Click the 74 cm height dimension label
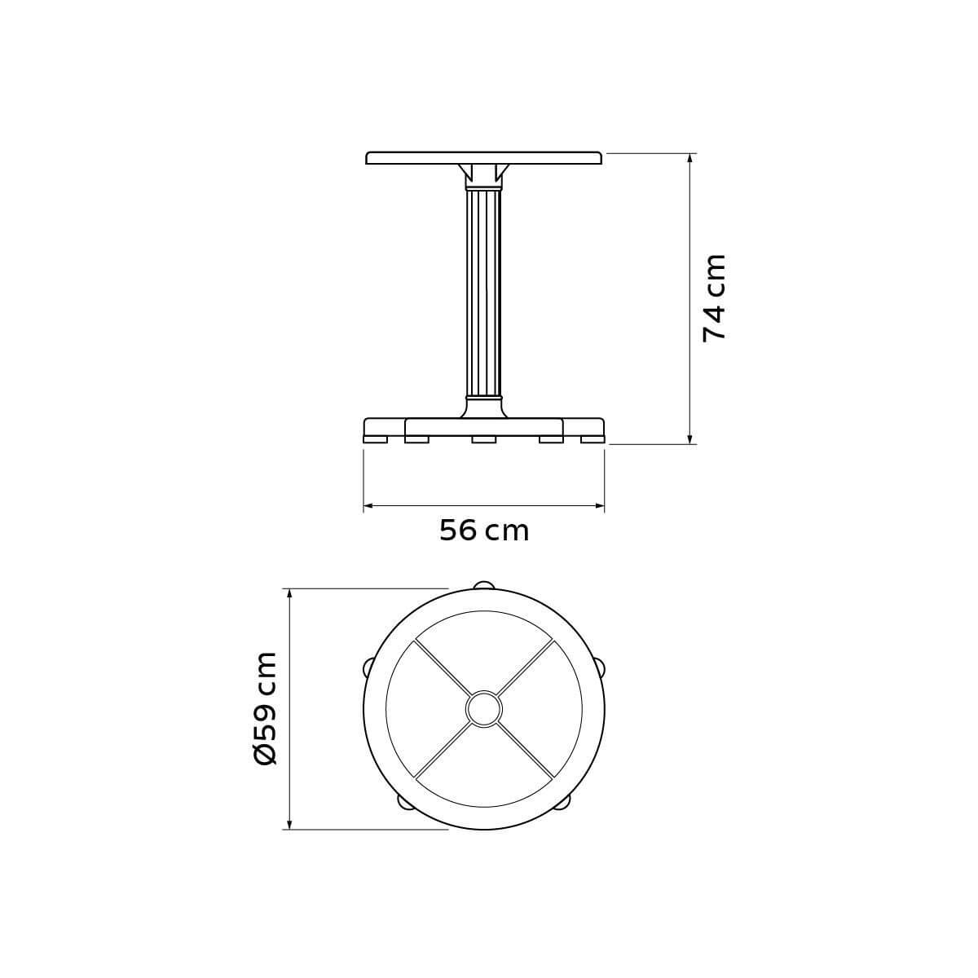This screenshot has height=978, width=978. pyautogui.click(x=714, y=298)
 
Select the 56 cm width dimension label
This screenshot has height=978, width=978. pyautogui.click(x=484, y=531)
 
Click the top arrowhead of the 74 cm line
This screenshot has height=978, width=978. pyautogui.click(x=689, y=157)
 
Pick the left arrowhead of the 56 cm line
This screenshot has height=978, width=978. pyautogui.click(x=368, y=505)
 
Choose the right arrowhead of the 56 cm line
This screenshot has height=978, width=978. pyautogui.click(x=599, y=505)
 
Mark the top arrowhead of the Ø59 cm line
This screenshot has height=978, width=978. pyautogui.click(x=289, y=594)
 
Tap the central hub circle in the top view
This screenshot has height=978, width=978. pyautogui.click(x=483, y=709)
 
